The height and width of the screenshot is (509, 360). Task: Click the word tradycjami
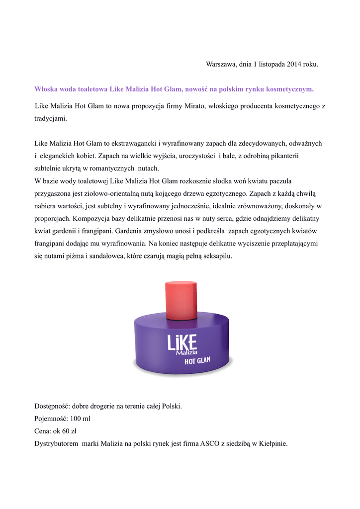50,119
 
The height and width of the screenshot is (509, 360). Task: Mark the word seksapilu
216,257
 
